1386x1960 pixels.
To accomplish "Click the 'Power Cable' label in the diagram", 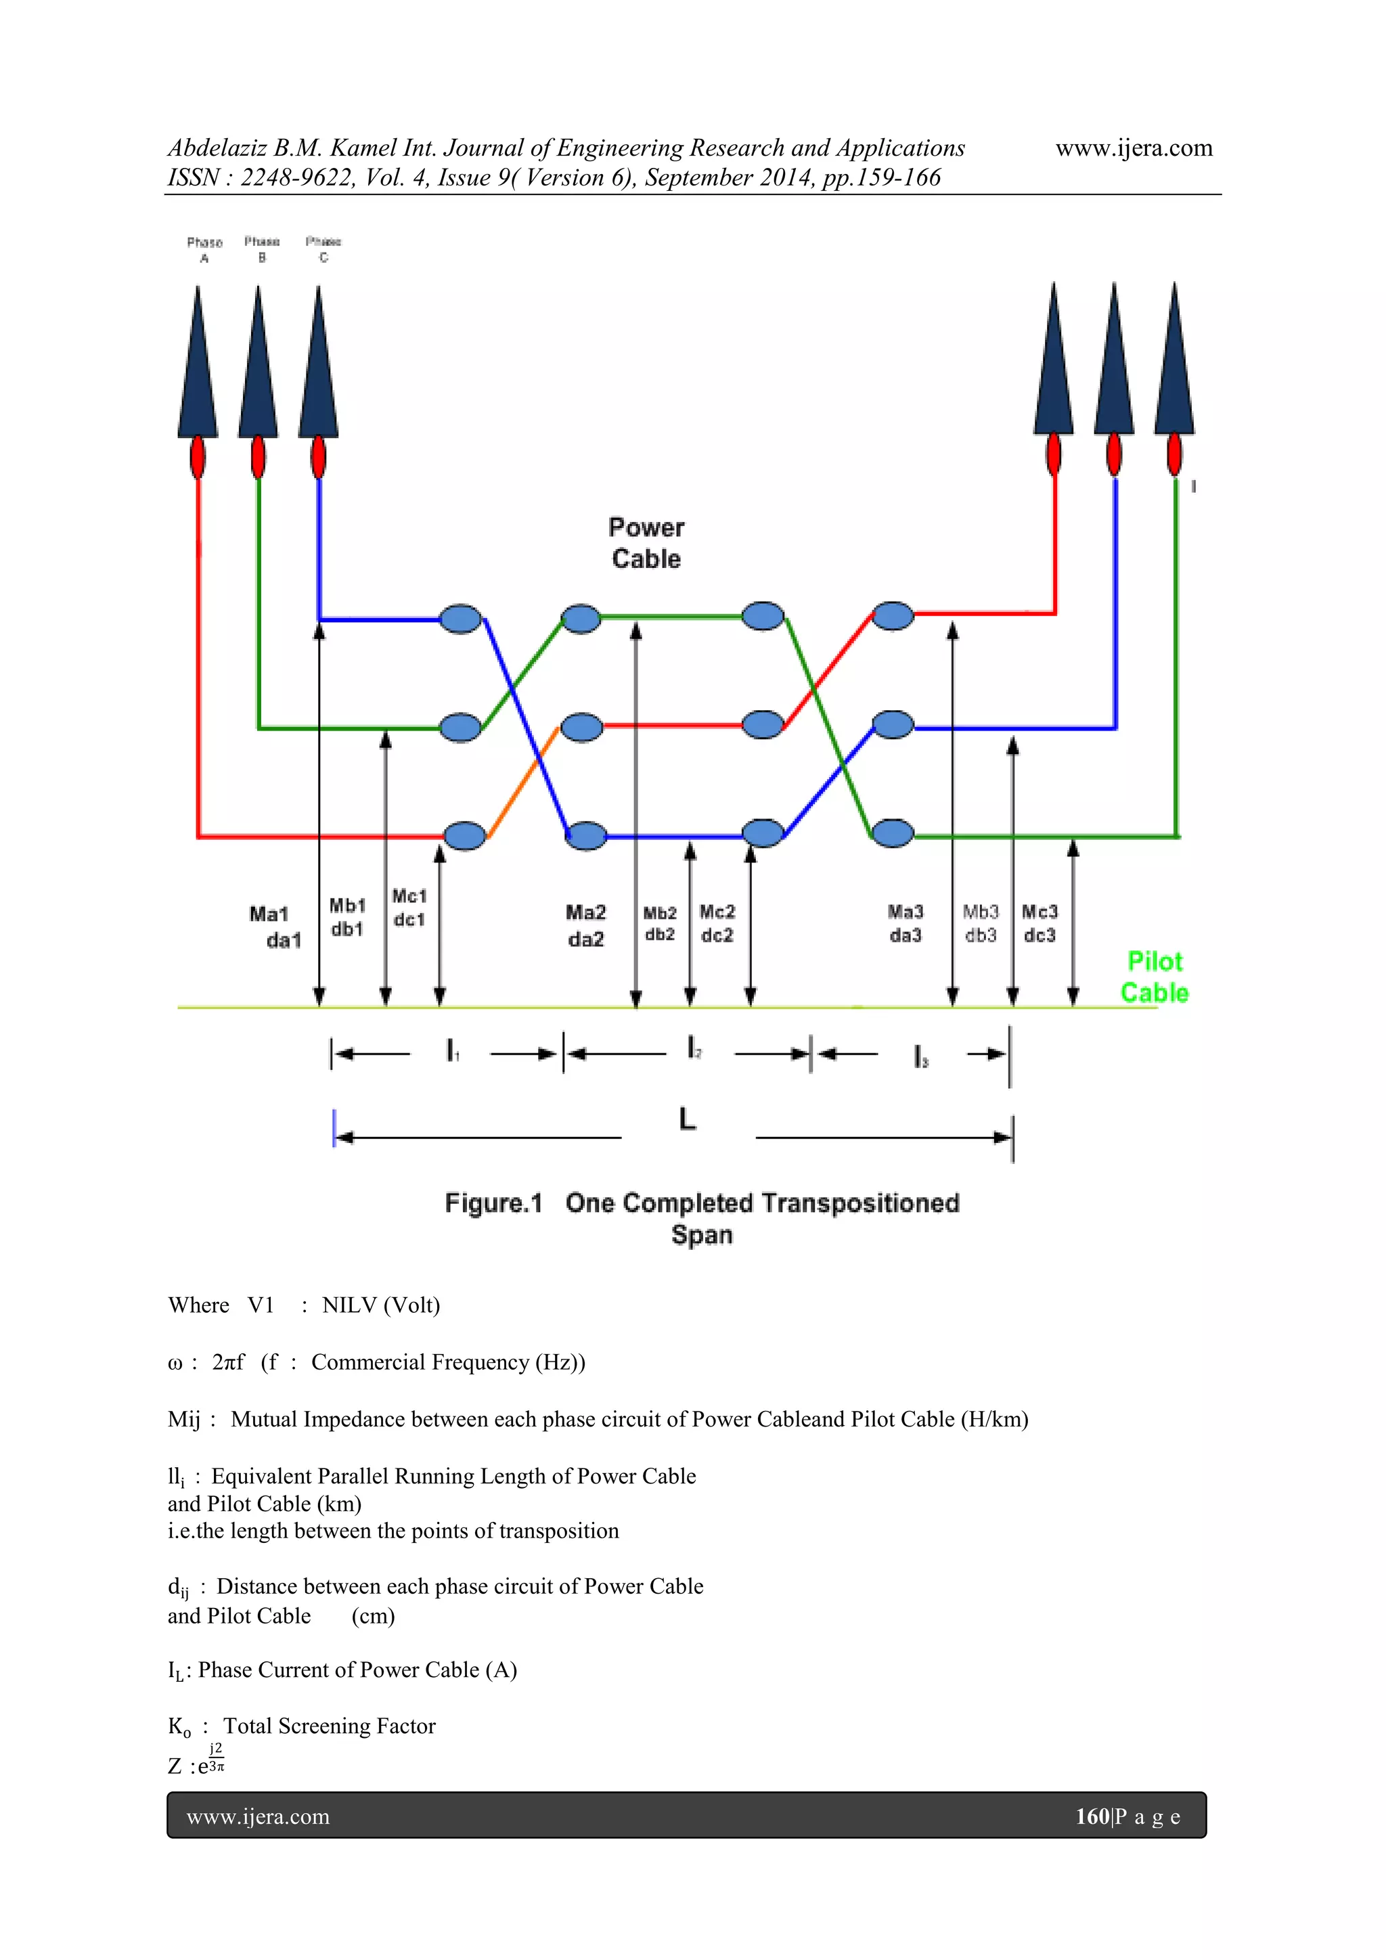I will pos(646,543).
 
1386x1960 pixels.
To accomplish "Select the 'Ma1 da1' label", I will pos(275,926).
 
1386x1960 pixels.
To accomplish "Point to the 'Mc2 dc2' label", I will pos(717,923).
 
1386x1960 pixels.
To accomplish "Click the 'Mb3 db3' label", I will pos(981,923).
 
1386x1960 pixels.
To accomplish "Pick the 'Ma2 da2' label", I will pos(585,925).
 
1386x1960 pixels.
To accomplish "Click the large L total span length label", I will pos(687,1118).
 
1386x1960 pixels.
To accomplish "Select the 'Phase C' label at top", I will pos(323,248).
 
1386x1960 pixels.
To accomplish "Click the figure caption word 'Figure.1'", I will pos(493,1203).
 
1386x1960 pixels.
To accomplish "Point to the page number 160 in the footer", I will pos(1092,1816).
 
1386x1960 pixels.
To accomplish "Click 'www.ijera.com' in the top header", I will pos(1134,148).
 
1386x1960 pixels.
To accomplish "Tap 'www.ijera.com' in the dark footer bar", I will pos(258,1816).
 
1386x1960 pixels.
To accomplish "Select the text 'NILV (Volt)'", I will pos(380,1305).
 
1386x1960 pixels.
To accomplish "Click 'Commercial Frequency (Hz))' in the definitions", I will pos(448,1362).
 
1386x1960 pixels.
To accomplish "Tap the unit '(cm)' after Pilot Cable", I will pos(373,1615).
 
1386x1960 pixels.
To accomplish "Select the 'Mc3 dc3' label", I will pos(1039,923).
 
